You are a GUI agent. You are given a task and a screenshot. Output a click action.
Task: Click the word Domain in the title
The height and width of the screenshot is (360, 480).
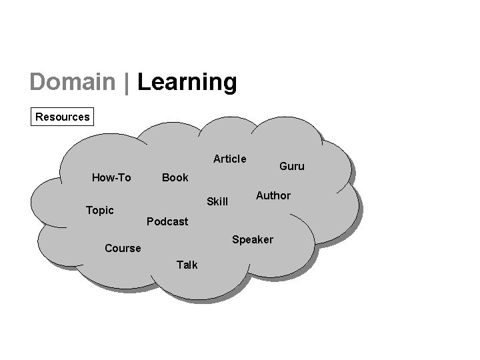pyautogui.click(x=73, y=82)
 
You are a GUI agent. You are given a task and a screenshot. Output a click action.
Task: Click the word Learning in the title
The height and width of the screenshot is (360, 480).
pyautogui.click(x=187, y=83)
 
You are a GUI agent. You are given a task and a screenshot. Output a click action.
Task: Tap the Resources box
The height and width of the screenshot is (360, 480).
pyautogui.click(x=63, y=117)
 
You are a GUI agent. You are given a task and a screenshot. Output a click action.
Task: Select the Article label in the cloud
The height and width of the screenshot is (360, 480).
pyautogui.click(x=229, y=159)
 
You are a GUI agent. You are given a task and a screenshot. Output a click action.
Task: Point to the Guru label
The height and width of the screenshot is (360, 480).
pyautogui.click(x=291, y=166)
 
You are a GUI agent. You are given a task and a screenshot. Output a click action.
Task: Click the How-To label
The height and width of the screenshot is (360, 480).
pyautogui.click(x=111, y=177)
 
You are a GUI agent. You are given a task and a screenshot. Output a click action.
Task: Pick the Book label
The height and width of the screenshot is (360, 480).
pyautogui.click(x=175, y=177)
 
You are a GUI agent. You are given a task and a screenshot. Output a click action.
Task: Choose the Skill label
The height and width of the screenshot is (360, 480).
pyautogui.click(x=217, y=201)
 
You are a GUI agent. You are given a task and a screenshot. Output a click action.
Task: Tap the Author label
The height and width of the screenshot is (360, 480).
pyautogui.click(x=273, y=195)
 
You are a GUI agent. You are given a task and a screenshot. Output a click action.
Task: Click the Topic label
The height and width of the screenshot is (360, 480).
pyautogui.click(x=100, y=210)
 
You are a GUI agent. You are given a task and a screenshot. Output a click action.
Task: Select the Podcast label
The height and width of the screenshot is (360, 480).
pyautogui.click(x=167, y=221)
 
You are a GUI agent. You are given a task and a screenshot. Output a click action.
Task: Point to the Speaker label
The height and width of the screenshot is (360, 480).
pyautogui.click(x=252, y=239)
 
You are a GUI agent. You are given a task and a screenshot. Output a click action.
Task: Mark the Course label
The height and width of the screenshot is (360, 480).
pyautogui.click(x=123, y=248)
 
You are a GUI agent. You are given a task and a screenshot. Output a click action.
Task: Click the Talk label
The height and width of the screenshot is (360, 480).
pyautogui.click(x=187, y=265)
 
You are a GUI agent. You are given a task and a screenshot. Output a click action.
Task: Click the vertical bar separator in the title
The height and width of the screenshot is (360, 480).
pyautogui.click(x=126, y=82)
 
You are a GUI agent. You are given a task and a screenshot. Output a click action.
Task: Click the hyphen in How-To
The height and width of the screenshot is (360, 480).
pyautogui.click(x=115, y=178)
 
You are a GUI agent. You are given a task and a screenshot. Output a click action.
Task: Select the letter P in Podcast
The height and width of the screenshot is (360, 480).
pyautogui.click(x=149, y=221)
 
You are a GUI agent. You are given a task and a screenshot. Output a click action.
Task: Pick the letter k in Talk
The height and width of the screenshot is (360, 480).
pyautogui.click(x=195, y=265)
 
